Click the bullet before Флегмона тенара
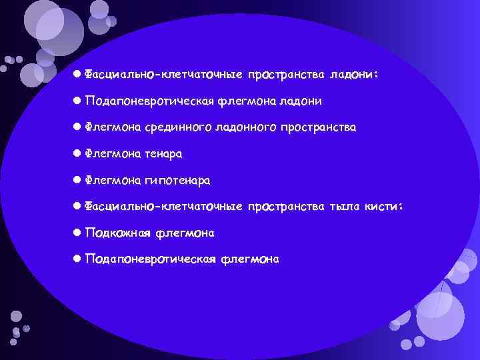77,153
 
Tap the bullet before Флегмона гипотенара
77,179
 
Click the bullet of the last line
77,258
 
